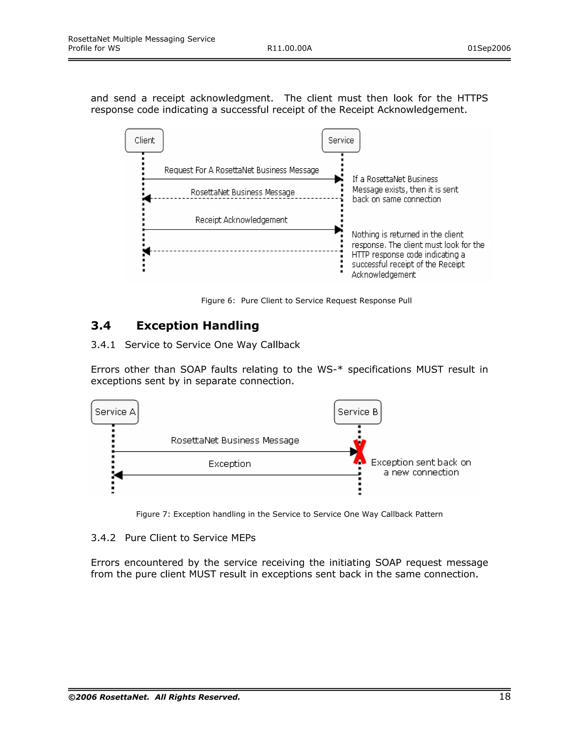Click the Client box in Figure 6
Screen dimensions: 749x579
click(144, 140)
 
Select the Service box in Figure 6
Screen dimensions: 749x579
click(341, 140)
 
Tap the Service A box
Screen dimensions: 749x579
click(115, 412)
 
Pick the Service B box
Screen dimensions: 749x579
click(357, 412)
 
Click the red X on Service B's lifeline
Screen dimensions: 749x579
click(360, 452)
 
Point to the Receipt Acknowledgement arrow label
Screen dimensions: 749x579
click(241, 220)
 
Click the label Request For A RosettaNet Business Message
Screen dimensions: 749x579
click(241, 170)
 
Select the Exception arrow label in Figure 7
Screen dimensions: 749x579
click(230, 464)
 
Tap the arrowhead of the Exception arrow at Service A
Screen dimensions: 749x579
click(118, 475)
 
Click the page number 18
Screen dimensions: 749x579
click(505, 696)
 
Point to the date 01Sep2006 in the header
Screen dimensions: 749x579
click(489, 48)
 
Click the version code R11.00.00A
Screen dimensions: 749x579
click(289, 48)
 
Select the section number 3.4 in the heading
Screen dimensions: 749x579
click(101, 325)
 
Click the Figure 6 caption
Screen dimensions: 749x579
click(306, 300)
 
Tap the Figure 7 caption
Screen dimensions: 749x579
click(289, 514)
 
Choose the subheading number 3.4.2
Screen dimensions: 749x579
click(103, 538)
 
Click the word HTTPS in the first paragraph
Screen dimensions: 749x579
click(472, 98)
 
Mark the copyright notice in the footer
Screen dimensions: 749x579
click(154, 697)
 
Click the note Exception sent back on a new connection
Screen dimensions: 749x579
click(421, 467)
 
